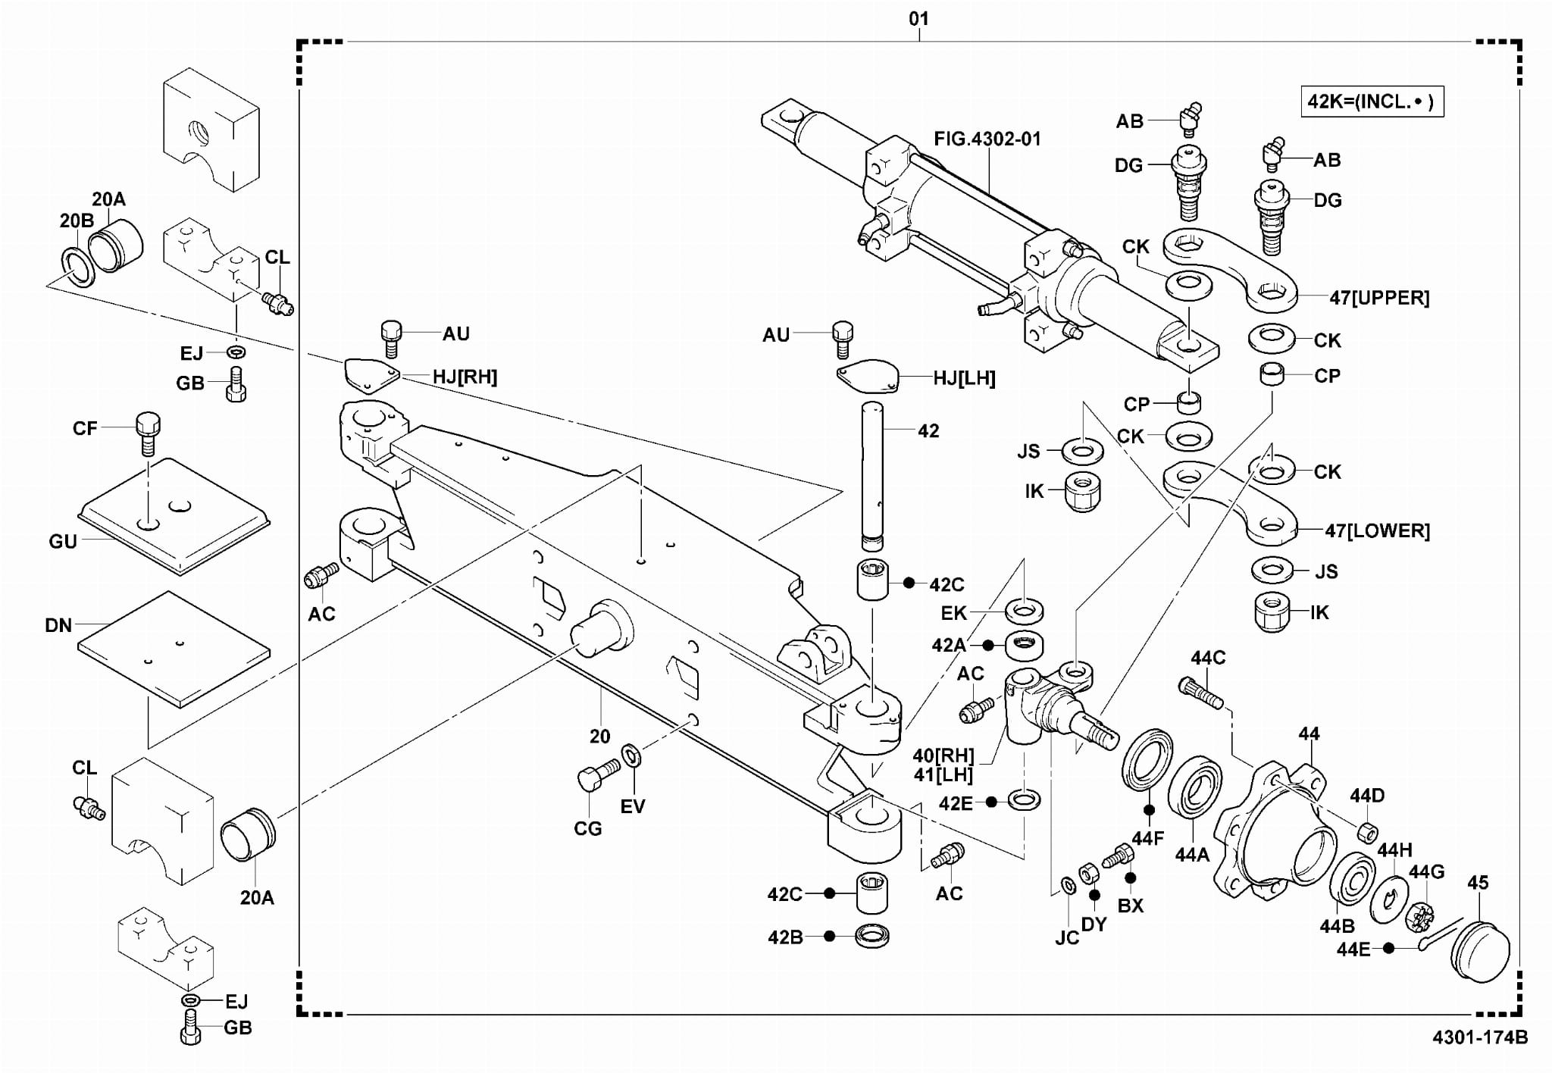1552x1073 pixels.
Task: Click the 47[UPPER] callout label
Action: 1379,298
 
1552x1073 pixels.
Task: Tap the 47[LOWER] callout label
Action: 1377,530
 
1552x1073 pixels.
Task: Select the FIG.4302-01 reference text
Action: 987,139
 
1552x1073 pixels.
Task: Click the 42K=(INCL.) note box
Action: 1371,102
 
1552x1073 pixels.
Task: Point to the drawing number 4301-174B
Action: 1479,1037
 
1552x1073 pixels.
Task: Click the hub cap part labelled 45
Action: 1481,950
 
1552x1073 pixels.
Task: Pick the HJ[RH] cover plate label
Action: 465,377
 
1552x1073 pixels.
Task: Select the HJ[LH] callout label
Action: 964,378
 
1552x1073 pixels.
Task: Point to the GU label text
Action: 63,541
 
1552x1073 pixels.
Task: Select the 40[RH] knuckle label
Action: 943,755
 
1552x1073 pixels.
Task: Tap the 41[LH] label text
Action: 943,774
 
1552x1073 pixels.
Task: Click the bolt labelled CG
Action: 594,779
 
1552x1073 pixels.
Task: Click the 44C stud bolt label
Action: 1207,657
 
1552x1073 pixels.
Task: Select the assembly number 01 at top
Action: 918,18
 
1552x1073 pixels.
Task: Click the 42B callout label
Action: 784,937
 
